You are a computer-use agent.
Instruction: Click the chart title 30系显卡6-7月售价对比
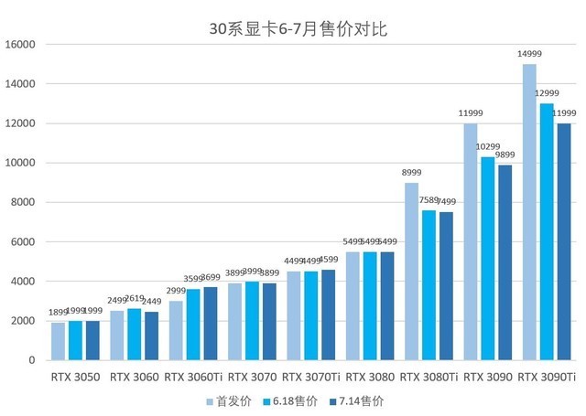pos(298,29)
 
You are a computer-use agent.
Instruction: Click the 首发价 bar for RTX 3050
pos(58,341)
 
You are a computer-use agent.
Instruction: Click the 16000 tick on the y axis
pos(19,44)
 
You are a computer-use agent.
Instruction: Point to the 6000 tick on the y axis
pos(22,242)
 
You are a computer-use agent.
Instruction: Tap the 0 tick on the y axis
pos(31,360)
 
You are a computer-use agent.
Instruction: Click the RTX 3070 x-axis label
pos(252,376)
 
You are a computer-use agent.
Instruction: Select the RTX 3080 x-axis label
pos(370,376)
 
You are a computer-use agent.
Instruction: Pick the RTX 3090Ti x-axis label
pos(547,376)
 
